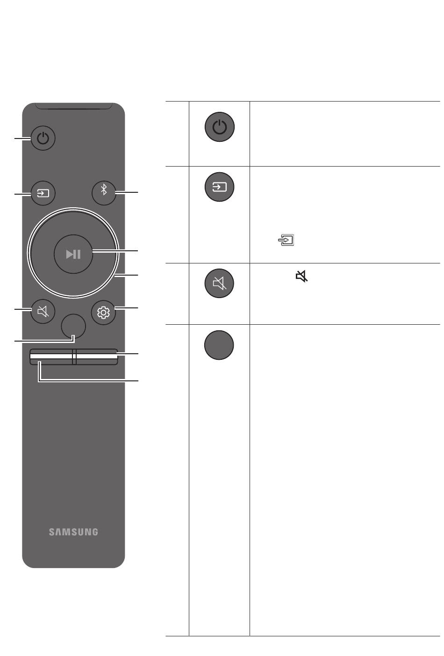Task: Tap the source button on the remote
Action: tap(43, 193)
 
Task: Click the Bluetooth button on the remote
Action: tap(104, 192)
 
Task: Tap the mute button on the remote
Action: tap(43, 311)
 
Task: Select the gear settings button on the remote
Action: tap(103, 312)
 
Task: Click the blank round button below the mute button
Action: tap(73, 326)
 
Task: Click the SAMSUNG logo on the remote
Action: tap(73, 532)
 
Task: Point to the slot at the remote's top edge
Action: tap(73, 108)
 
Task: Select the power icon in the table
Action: tap(219, 127)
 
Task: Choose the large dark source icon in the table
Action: tap(219, 187)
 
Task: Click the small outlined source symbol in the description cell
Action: tap(286, 241)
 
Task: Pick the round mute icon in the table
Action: tap(219, 283)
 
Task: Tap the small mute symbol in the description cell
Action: tap(302, 277)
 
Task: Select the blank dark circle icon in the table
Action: tap(219, 345)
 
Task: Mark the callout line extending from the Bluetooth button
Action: tap(127, 192)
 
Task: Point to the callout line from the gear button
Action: tap(127, 307)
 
